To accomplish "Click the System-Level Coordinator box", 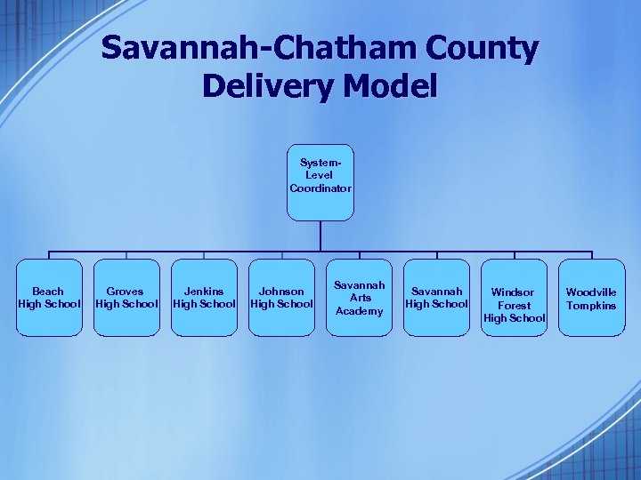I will point(320,182).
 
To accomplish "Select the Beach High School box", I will point(48,298).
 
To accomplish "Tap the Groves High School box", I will point(126,298).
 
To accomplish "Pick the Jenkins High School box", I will point(204,298).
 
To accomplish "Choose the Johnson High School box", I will point(281,298).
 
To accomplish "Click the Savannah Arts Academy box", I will point(359,298).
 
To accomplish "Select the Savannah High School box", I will point(436,298).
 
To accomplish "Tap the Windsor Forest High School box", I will point(514,298).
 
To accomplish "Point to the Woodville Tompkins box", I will point(591,298).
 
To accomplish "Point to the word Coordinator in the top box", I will point(320,188).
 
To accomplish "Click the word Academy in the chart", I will point(359,311).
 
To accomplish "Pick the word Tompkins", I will point(591,306).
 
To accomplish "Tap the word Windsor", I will point(513,292).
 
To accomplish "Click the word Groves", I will point(126,292).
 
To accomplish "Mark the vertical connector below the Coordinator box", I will point(320,236).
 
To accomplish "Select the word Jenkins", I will point(204,292).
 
